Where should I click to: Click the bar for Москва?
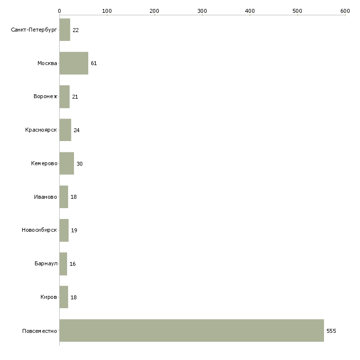point(74,63)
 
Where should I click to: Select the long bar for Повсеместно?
point(192,330)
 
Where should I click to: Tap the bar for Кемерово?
point(67,163)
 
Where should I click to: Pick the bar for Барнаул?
point(63,264)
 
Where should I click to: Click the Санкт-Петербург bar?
point(65,30)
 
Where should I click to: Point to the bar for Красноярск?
point(66,130)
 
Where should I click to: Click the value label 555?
point(331,331)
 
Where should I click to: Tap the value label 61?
point(94,63)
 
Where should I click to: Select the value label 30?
point(79,164)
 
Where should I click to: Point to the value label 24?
point(76,130)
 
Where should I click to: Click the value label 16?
point(72,264)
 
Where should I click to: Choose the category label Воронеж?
point(45,97)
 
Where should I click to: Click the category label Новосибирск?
point(39,230)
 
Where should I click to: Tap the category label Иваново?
point(45,197)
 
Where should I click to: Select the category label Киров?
point(49,297)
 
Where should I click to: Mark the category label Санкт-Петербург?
point(34,30)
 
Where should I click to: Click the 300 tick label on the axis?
point(202,11)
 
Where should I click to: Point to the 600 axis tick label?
point(345,11)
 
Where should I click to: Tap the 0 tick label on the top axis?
point(60,11)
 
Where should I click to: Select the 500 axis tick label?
point(297,11)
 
